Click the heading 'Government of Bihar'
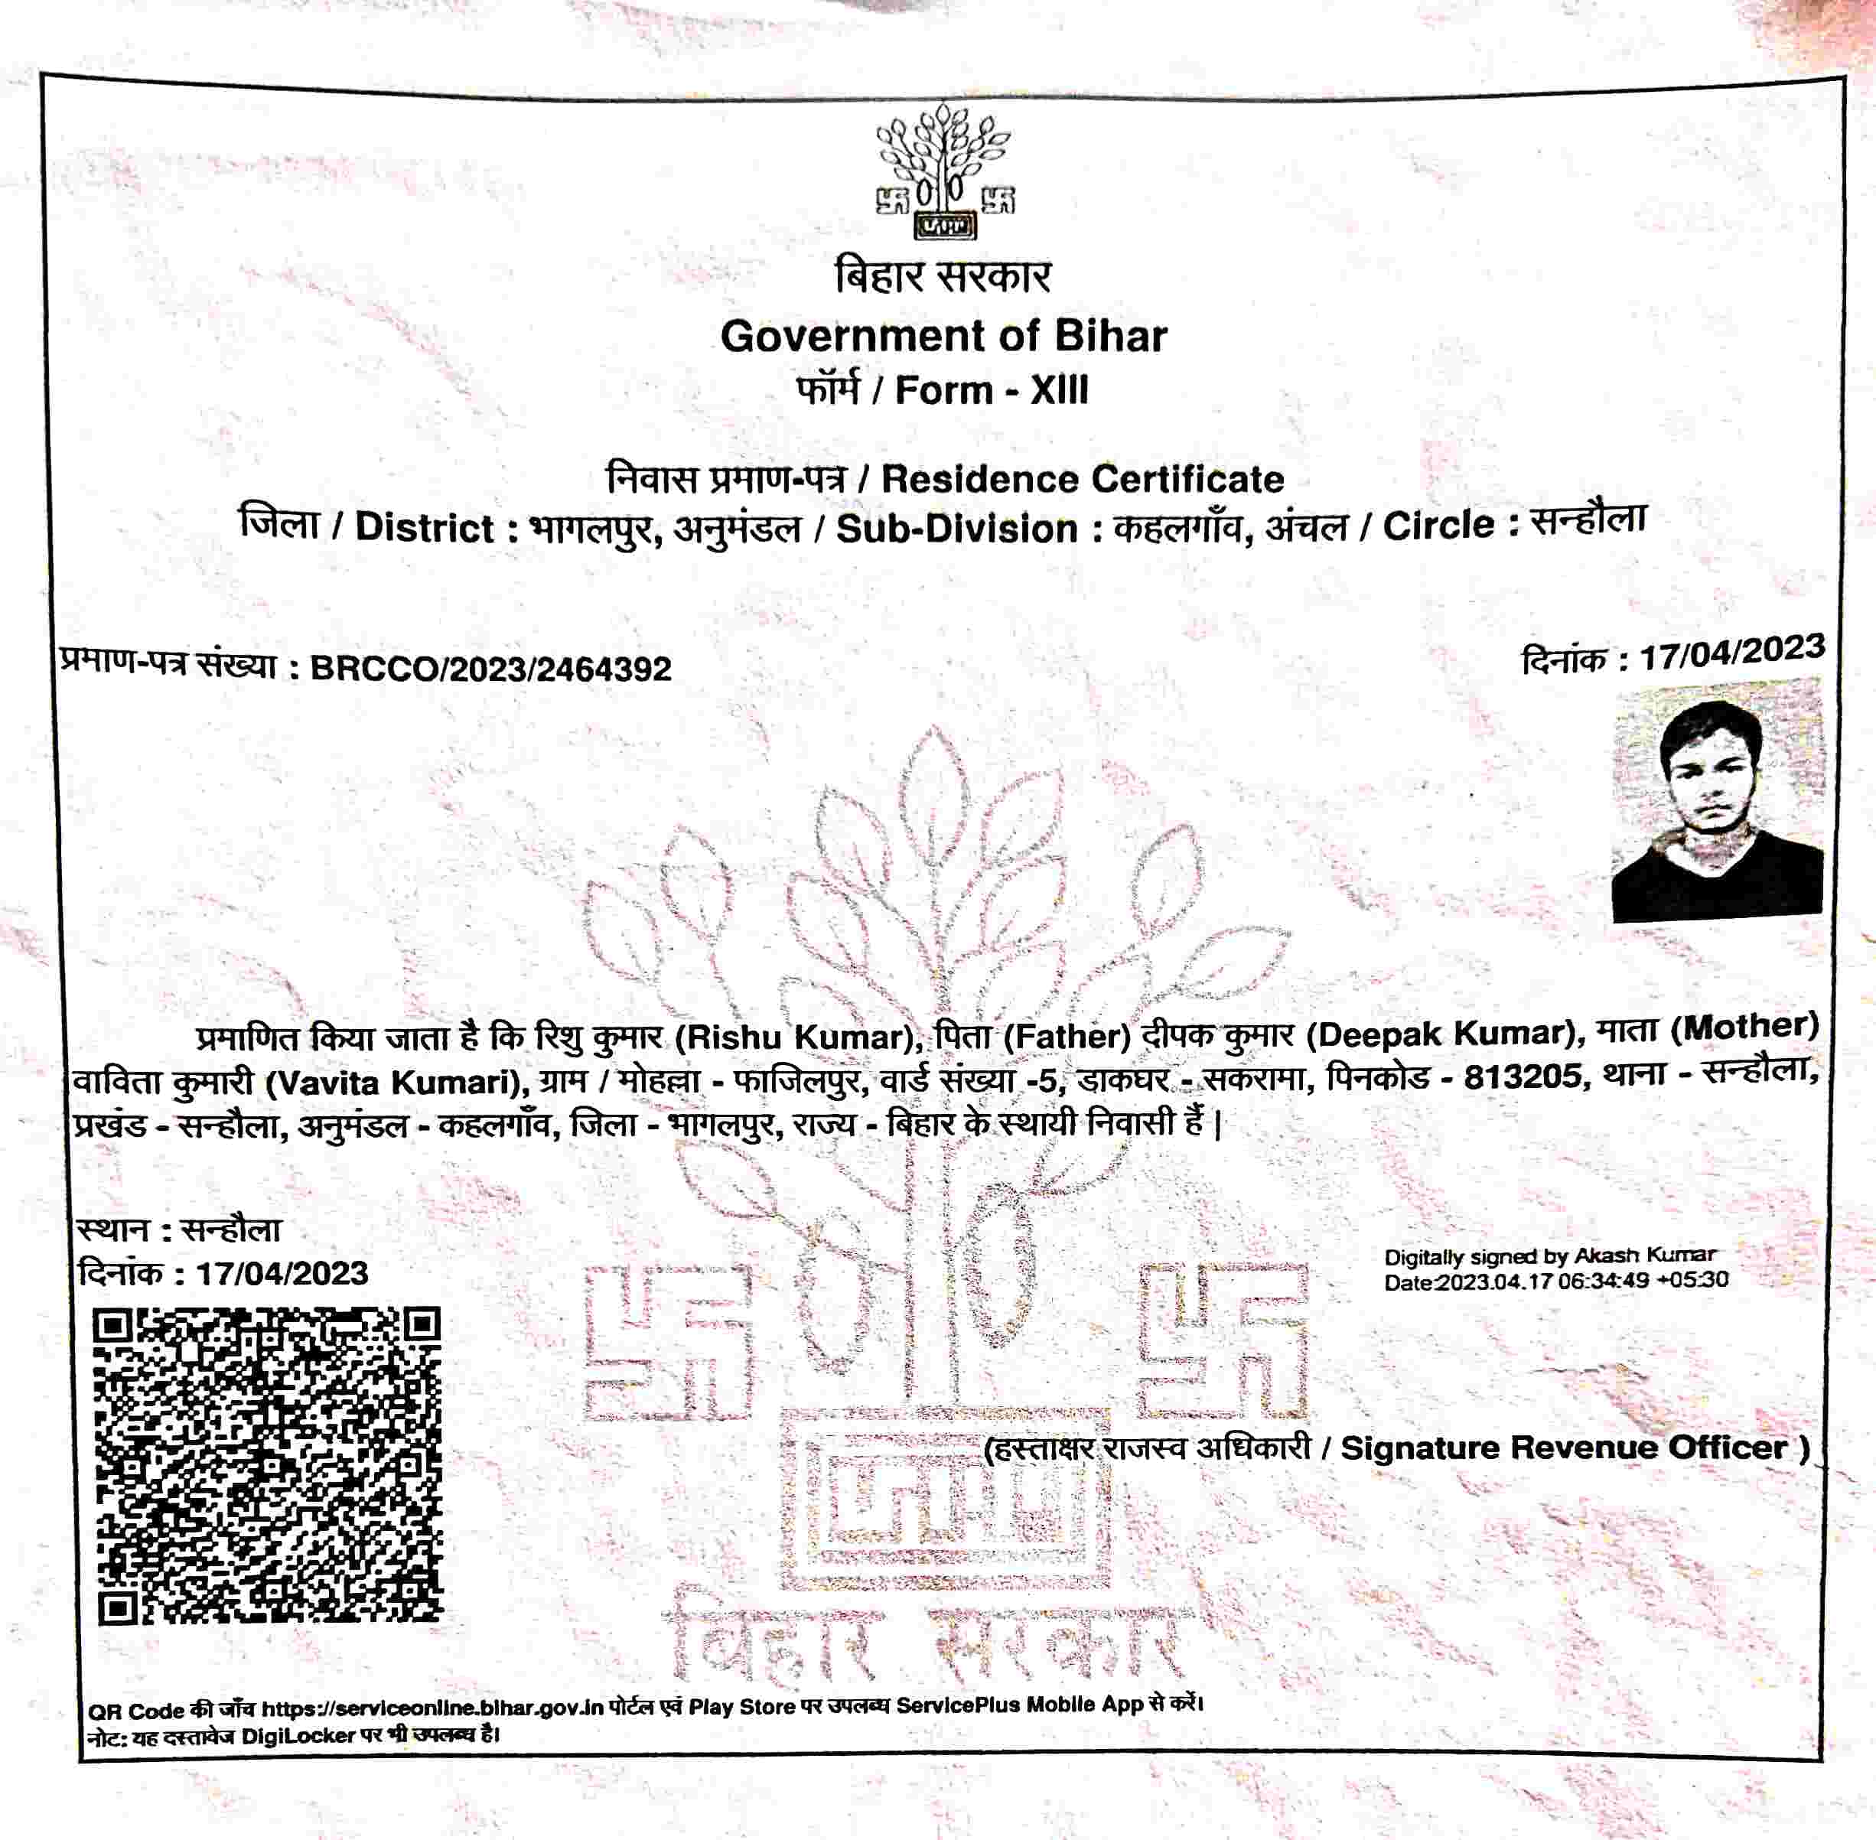tap(943, 337)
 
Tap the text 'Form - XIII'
tap(992, 390)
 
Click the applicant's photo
tap(1717, 800)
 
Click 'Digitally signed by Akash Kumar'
tap(1549, 1256)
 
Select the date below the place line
tap(282, 1273)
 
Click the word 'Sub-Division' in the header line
tap(957, 529)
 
